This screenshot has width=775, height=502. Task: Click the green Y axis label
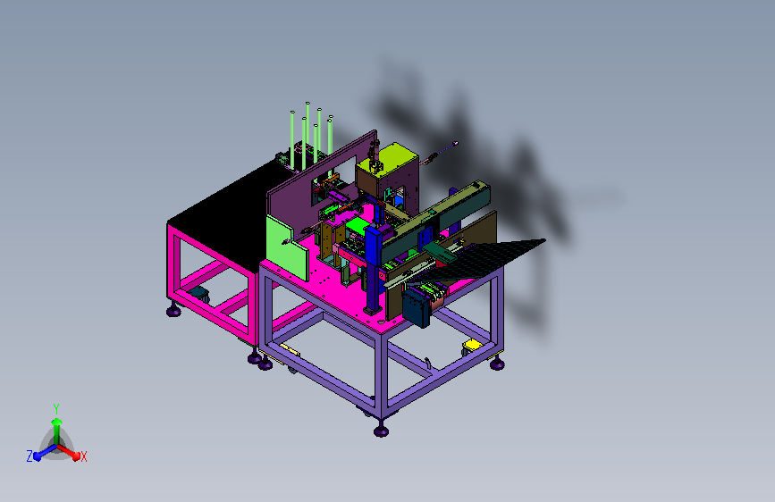coord(56,409)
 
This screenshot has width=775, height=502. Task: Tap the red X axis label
coord(83,457)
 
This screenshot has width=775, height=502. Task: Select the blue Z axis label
coord(29,456)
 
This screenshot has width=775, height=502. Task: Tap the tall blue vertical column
coord(374,270)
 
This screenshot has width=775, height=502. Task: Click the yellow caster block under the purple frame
coord(472,345)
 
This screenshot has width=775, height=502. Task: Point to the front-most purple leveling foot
coord(381,430)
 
